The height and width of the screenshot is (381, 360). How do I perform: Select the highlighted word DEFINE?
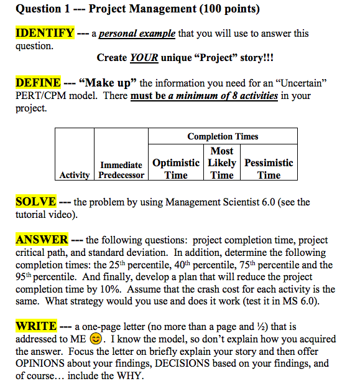(38, 83)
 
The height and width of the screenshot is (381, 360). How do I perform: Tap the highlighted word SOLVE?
(36, 202)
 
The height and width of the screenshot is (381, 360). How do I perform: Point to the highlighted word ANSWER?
(42, 240)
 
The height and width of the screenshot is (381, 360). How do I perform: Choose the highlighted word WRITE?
(36, 326)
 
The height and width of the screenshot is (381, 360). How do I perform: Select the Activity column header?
(75, 175)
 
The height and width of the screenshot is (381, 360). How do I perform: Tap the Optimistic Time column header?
(176, 169)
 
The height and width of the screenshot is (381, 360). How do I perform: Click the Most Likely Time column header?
(222, 163)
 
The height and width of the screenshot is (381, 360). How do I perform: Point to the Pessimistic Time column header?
(269, 169)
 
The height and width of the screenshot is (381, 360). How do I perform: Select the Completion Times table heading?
(223, 136)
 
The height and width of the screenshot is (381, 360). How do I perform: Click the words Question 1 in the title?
(42, 9)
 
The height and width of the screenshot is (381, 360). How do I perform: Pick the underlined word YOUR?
(144, 58)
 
